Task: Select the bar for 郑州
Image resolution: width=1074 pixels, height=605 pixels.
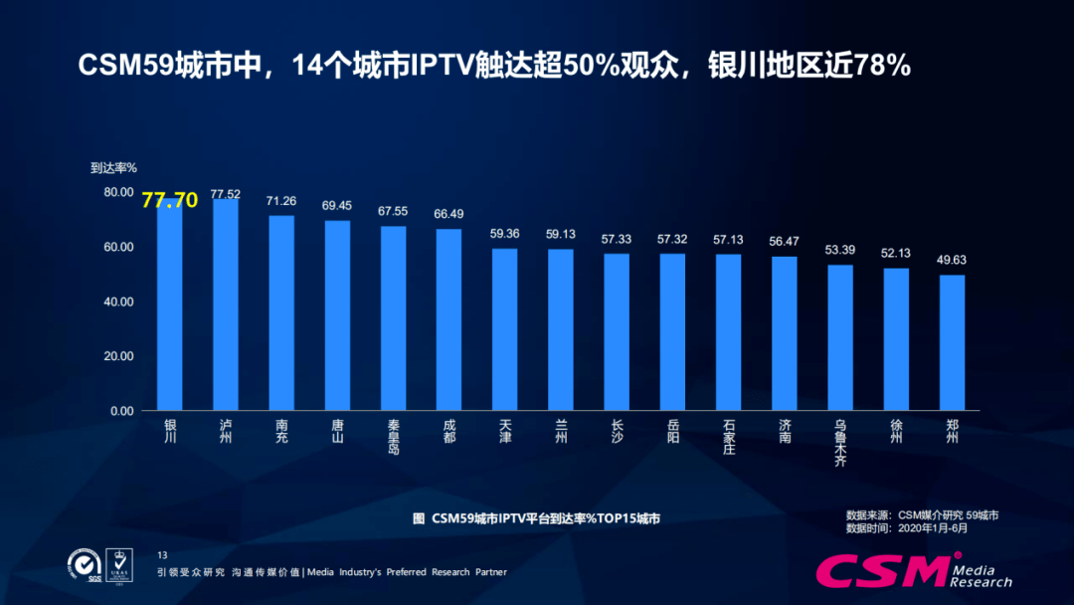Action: (953, 342)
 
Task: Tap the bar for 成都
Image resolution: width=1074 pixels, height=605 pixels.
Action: (449, 319)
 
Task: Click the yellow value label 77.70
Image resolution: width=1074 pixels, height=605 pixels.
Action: (170, 200)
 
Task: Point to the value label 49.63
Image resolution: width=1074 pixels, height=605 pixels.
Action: (953, 260)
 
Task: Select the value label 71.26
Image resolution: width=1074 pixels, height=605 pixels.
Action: (281, 201)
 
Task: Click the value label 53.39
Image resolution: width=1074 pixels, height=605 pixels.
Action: (840, 250)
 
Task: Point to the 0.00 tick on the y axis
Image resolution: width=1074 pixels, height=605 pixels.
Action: (121, 411)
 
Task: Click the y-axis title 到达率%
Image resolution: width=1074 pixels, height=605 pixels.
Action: (113, 168)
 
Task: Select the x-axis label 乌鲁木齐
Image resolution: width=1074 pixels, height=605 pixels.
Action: (840, 443)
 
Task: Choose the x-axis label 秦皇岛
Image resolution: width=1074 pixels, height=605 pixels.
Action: (394, 437)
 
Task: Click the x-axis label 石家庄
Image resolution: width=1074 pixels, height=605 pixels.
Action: (729, 437)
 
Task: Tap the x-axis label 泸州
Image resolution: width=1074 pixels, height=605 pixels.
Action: (226, 431)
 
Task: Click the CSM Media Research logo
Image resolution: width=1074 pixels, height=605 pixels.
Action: (913, 570)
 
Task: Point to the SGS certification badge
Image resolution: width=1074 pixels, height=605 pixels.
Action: (85, 565)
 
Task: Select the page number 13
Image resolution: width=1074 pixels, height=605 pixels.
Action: (163, 554)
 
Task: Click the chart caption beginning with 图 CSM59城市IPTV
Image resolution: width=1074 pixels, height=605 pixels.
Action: (536, 518)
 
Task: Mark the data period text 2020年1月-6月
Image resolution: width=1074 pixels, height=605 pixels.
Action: (932, 528)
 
